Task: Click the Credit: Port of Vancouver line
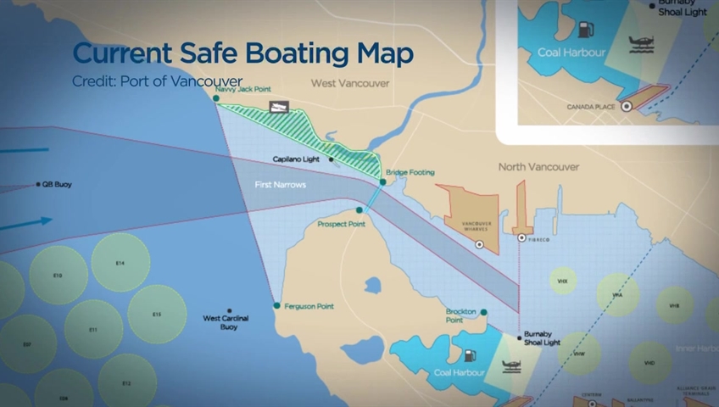[x=157, y=81]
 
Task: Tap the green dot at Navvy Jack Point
[x=216, y=98]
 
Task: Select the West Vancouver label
[x=350, y=83]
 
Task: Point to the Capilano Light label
[x=297, y=159]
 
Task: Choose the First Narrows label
[x=281, y=184]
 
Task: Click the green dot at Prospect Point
[x=360, y=209]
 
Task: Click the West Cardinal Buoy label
[x=226, y=322]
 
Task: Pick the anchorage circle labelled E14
[x=120, y=263]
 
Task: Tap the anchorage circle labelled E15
[x=157, y=315]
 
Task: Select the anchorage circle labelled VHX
[x=562, y=280]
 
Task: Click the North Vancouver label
[x=538, y=167]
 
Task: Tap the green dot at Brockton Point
[x=483, y=312]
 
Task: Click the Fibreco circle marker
[x=521, y=238]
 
